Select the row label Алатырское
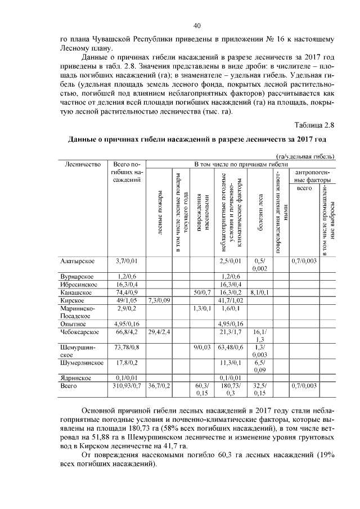pos(78,261)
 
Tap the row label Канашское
pos(76,292)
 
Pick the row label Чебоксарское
pos(80,332)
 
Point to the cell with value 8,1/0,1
pos(260,292)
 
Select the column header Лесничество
pos(83,164)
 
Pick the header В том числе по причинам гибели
pos(237,164)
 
